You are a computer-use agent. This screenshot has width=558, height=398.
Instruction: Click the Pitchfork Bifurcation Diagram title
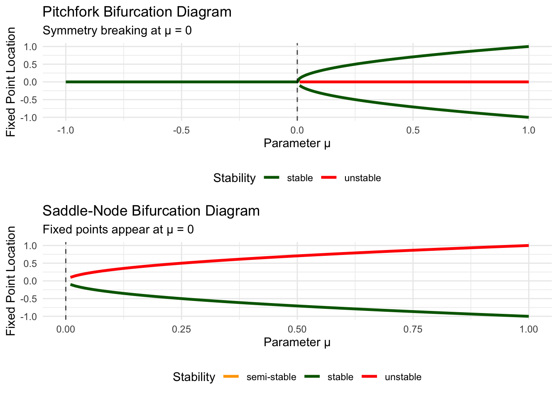pyautogui.click(x=137, y=12)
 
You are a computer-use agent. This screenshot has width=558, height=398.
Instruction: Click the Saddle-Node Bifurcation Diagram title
pyautogui.click(x=151, y=211)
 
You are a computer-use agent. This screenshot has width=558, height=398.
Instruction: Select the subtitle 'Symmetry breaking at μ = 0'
pyautogui.click(x=117, y=31)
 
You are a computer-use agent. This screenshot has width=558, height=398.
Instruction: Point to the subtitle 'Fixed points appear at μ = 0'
pyautogui.click(x=118, y=230)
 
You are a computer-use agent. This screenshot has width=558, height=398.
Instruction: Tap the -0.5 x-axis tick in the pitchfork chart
pyautogui.click(x=181, y=131)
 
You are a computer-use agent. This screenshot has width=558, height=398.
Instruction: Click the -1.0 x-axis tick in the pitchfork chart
pyautogui.click(x=65, y=131)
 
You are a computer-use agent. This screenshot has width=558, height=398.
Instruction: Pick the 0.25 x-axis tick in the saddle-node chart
pyautogui.click(x=181, y=330)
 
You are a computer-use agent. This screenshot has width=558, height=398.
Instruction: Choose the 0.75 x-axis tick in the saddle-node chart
pyautogui.click(x=413, y=330)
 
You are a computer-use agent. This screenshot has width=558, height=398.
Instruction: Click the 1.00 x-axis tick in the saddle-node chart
pyautogui.click(x=528, y=330)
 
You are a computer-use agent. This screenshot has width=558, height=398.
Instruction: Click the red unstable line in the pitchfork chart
pyautogui.click(x=415, y=82)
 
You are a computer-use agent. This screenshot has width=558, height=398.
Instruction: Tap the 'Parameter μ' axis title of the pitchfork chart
pyautogui.click(x=297, y=143)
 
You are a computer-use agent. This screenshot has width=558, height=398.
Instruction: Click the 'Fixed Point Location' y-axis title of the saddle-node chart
pyautogui.click(x=11, y=281)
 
